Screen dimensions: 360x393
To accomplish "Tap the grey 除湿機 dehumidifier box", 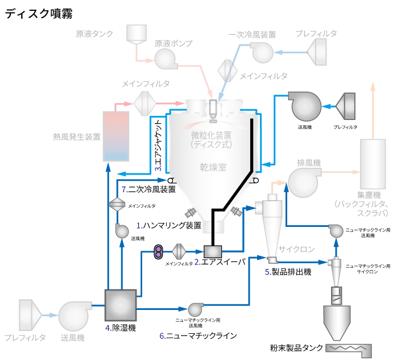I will tap(121, 305).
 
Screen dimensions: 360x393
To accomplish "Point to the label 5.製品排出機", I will tap(288, 272).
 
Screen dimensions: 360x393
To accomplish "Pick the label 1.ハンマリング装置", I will tap(169, 225).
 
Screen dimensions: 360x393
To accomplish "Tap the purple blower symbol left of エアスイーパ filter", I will tap(159, 251).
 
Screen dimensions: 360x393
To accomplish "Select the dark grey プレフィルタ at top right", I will tap(346, 106).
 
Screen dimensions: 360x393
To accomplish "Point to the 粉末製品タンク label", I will tap(297, 347).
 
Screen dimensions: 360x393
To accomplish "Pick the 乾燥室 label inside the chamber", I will tap(213, 167).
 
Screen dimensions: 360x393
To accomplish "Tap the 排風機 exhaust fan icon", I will tap(303, 181).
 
